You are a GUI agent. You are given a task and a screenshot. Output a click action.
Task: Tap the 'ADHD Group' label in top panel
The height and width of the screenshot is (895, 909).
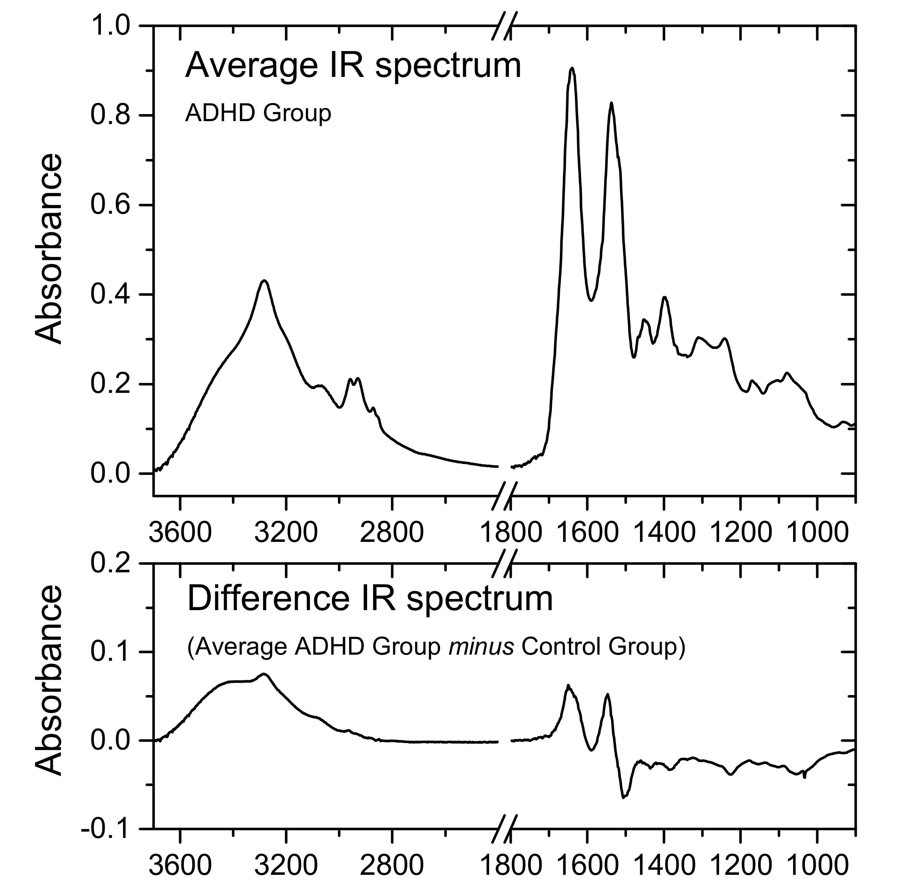point(258,113)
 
